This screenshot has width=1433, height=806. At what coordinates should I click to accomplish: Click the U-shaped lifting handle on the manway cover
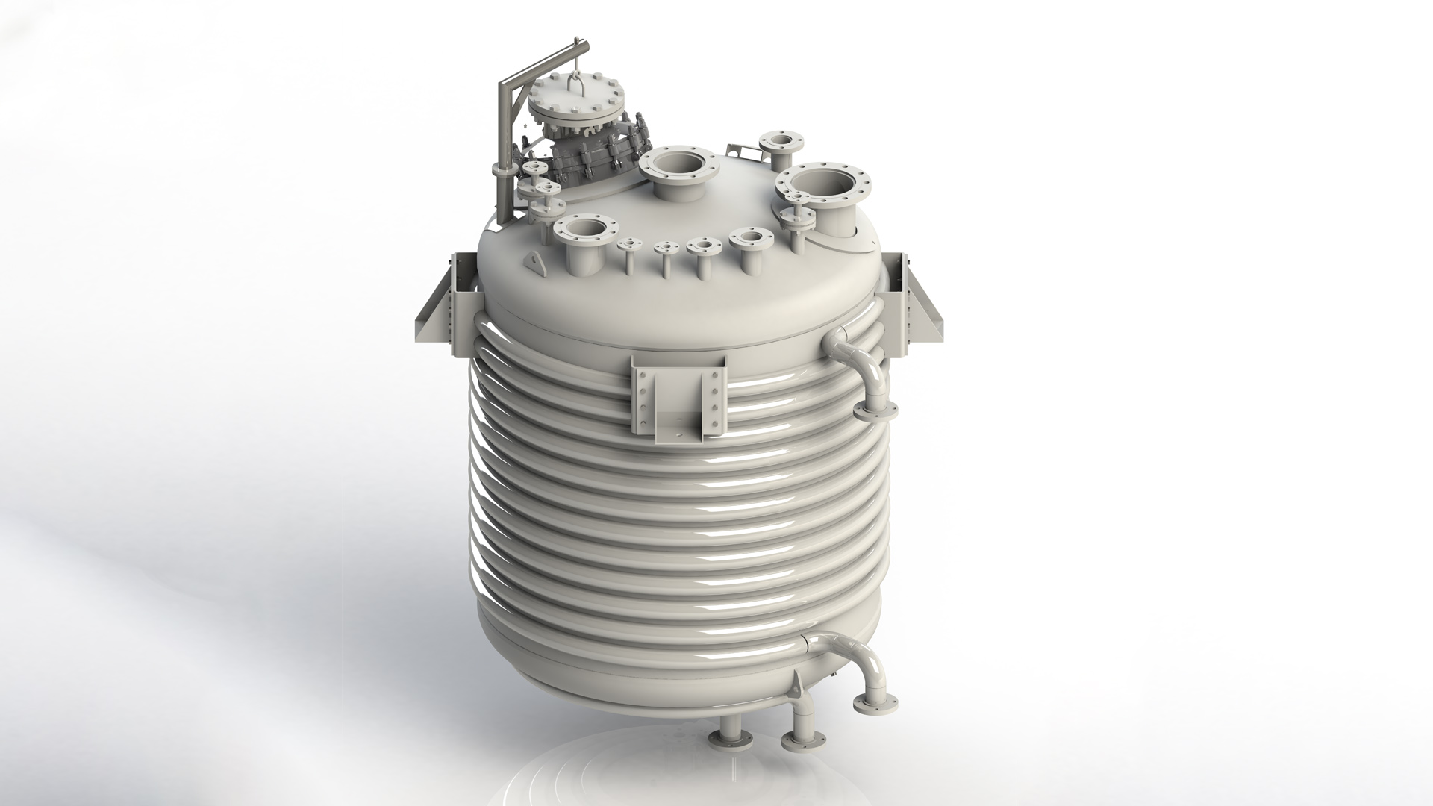(574, 84)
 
